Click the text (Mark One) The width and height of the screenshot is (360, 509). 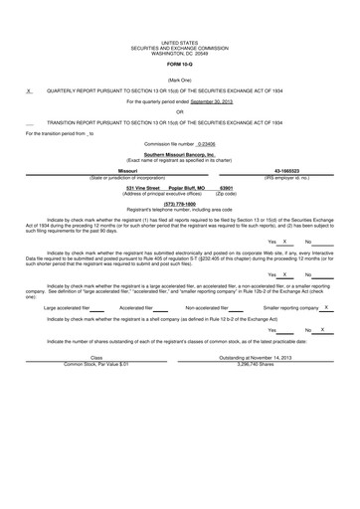tap(180, 79)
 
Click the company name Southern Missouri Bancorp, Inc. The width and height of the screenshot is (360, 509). tap(180, 155)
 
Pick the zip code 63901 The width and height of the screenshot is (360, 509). tap(226, 186)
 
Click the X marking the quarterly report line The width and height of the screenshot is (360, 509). tap(30, 90)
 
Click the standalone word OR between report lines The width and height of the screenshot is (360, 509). tap(180, 112)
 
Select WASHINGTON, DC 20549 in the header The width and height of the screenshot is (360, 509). tap(180, 52)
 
